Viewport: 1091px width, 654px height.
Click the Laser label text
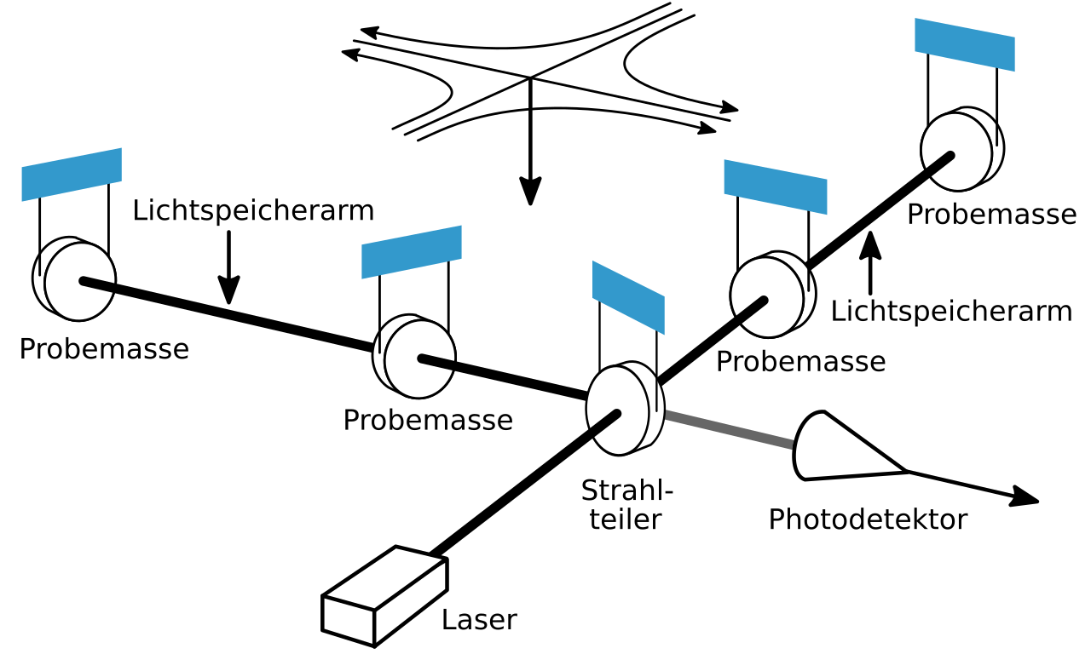click(x=479, y=620)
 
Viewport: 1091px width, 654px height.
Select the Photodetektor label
click(x=868, y=519)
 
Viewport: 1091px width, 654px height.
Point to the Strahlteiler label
click(x=626, y=504)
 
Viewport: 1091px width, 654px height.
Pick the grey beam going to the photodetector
click(x=729, y=429)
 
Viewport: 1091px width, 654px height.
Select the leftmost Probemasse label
click(x=104, y=349)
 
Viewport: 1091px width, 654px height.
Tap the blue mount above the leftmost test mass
click(x=72, y=174)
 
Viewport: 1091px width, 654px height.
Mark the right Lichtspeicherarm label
click(x=951, y=312)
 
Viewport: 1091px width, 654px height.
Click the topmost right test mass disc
click(x=960, y=149)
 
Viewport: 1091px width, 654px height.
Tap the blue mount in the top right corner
click(x=965, y=43)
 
